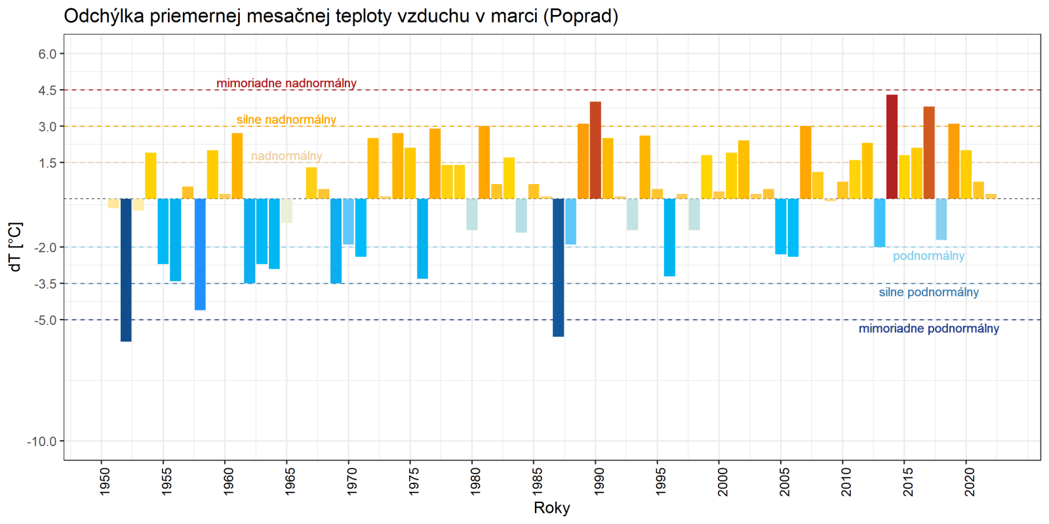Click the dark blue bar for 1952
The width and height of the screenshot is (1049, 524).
coord(126,270)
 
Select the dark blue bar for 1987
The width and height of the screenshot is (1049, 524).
coord(559,267)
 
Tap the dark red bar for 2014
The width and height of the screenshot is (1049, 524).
coord(892,147)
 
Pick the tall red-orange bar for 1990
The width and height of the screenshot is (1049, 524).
coord(595,150)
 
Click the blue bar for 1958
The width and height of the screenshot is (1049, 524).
coord(200,254)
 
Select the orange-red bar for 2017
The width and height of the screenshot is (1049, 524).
coord(929,153)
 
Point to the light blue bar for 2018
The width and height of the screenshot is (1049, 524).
coord(941,219)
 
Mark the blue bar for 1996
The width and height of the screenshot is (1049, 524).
coord(669,237)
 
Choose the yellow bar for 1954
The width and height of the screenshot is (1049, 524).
coord(151,176)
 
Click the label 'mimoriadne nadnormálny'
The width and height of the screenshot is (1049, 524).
coord(287,83)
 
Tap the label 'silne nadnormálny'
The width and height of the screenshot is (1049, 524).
coord(287,120)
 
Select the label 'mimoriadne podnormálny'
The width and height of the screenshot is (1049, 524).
coord(928,328)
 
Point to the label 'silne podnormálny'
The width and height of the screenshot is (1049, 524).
coord(928,292)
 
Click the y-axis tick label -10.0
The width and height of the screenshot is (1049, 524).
coord(42,441)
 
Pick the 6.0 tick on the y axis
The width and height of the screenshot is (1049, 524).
coord(47,54)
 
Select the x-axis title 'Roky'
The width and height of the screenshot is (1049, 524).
coord(552,508)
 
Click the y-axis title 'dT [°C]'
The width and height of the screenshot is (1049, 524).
coord(16,247)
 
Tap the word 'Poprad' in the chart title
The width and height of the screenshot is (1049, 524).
coord(580,16)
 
